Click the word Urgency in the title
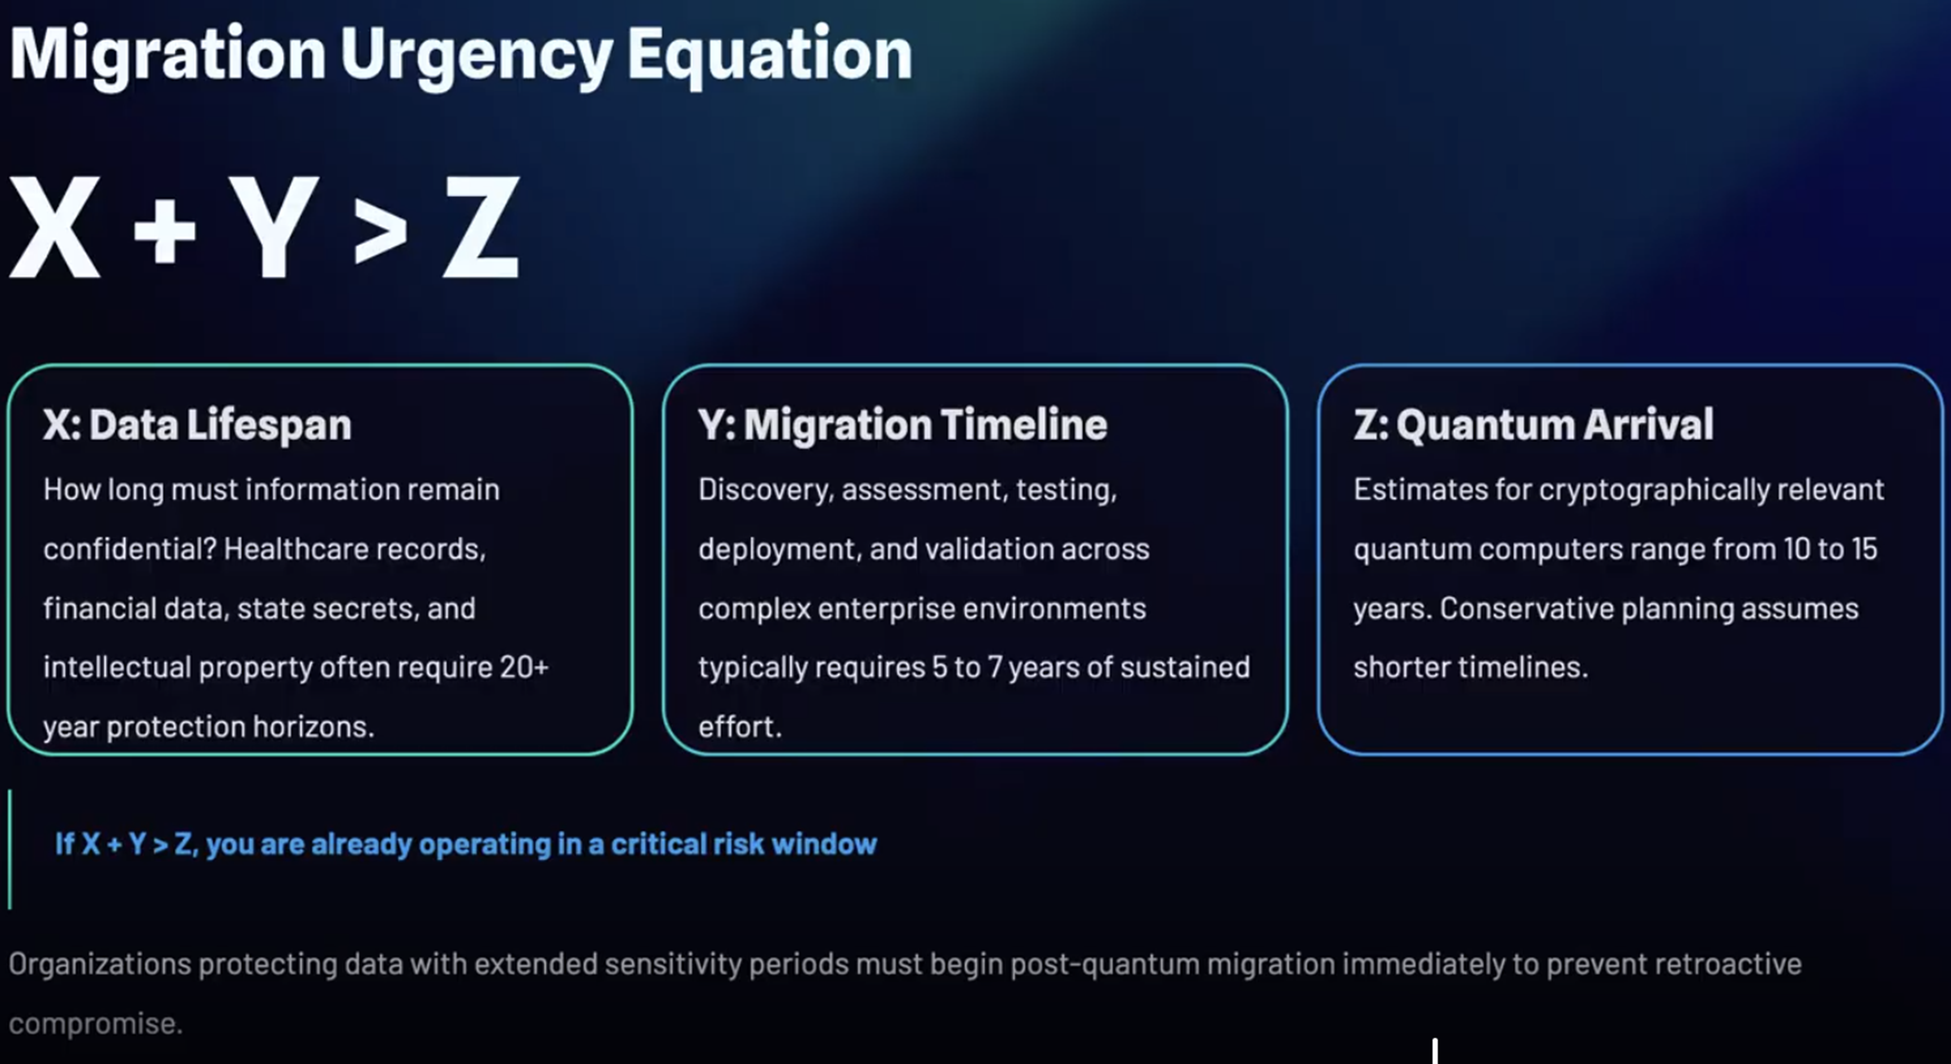[x=476, y=56]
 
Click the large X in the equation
[x=55, y=227]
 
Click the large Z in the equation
[x=481, y=227]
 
